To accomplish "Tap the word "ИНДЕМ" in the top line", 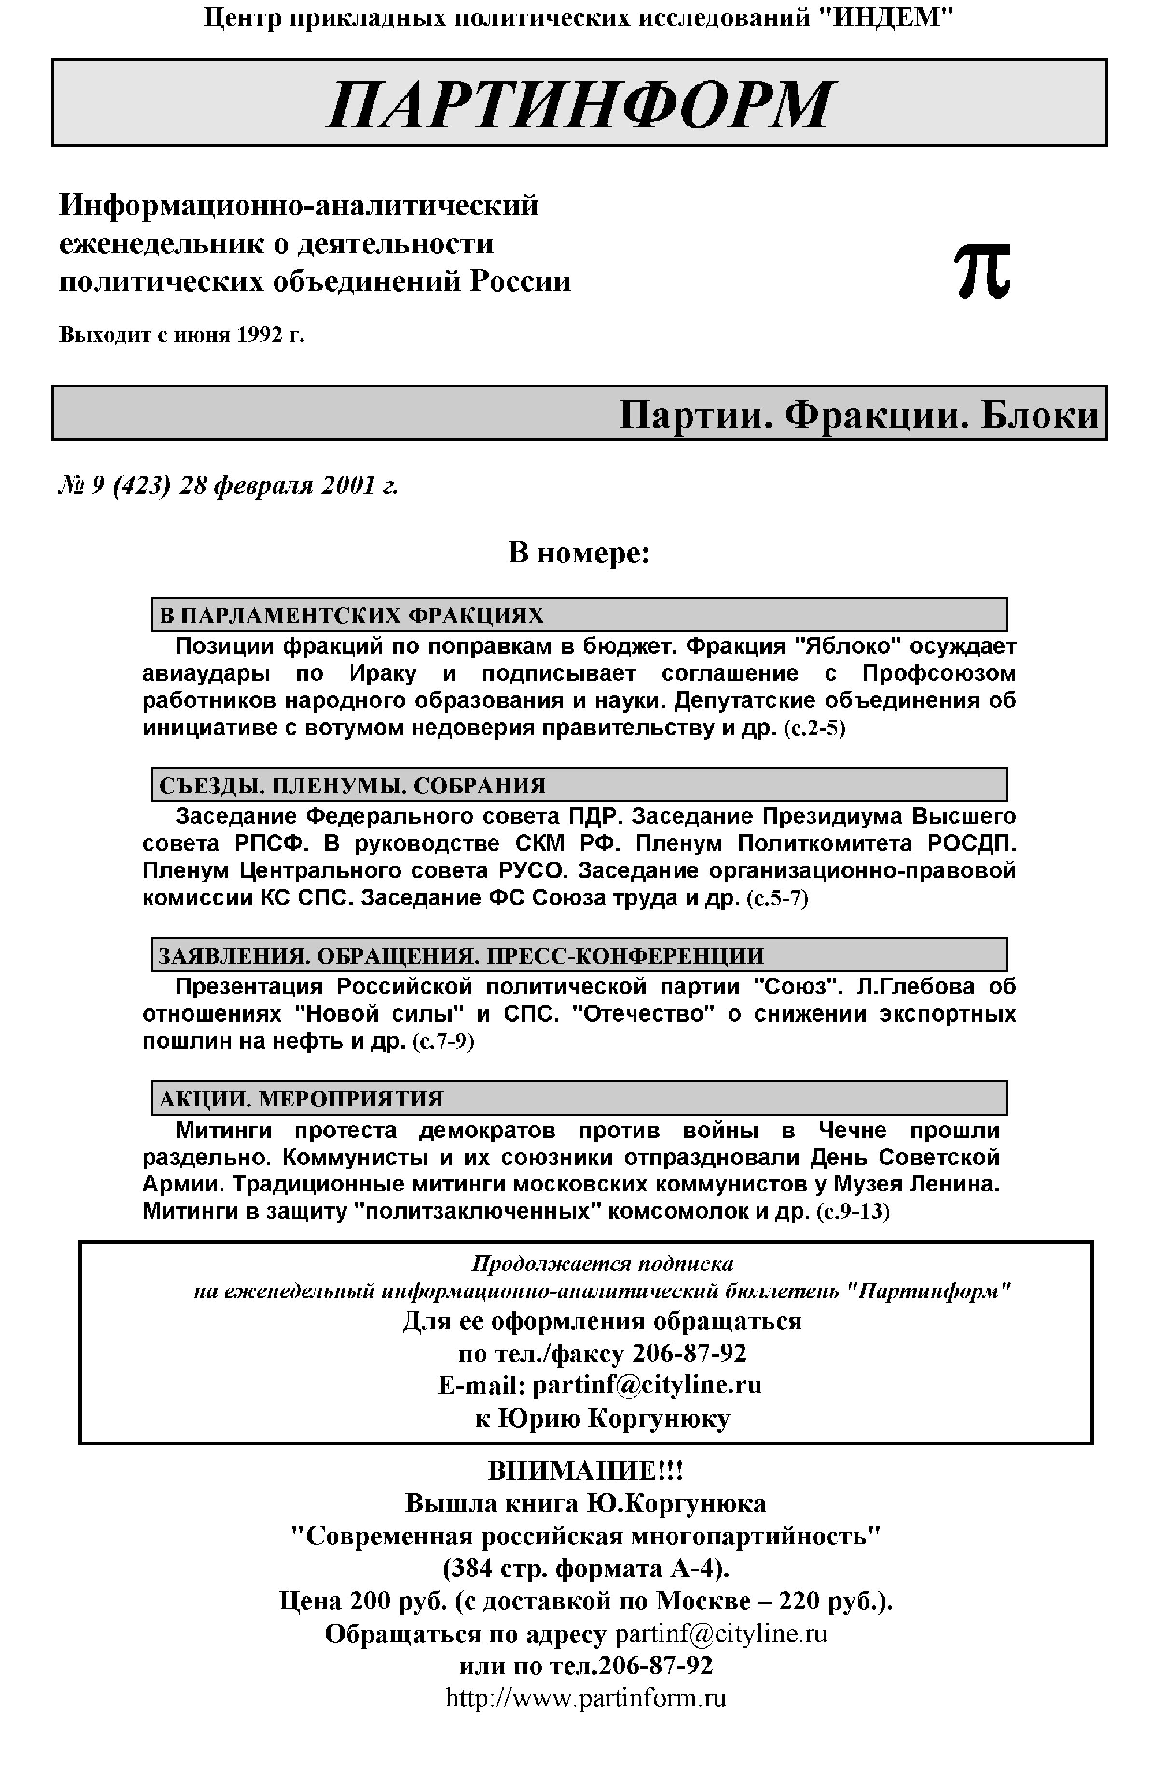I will click(883, 17).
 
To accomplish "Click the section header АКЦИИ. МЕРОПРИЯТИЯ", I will click(301, 1099).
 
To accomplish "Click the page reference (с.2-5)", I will click(814, 729).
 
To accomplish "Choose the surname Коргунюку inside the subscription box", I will click(658, 1418).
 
